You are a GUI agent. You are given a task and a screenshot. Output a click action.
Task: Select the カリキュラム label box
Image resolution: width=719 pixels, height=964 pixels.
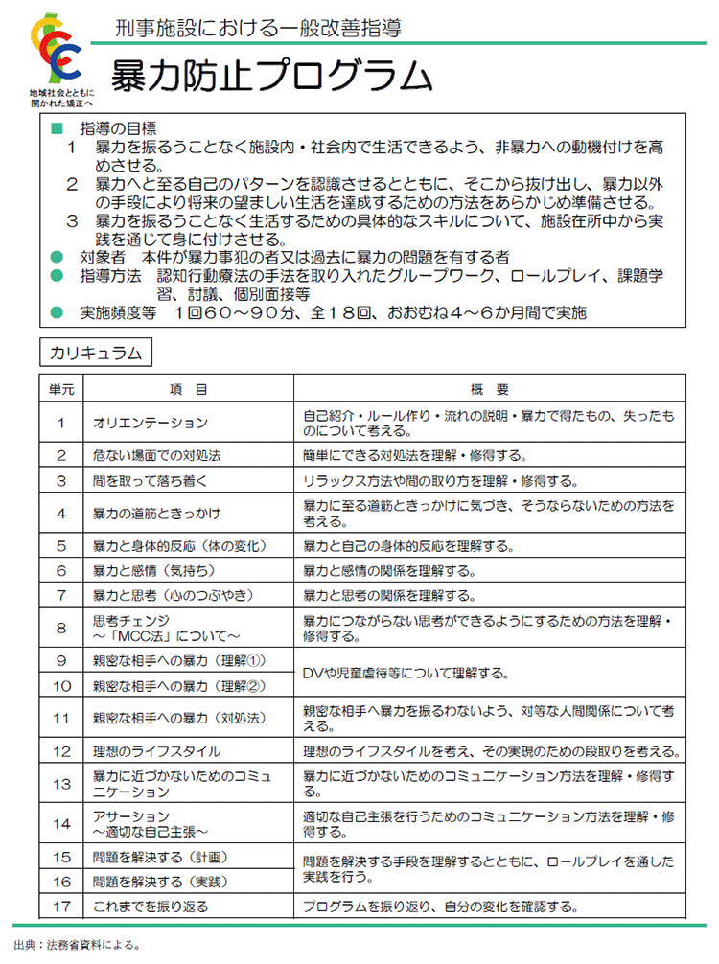point(95,353)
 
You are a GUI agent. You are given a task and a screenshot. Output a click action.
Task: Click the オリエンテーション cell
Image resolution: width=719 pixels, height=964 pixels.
point(151,422)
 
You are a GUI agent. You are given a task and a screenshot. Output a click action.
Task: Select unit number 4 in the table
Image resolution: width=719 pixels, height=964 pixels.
point(61,513)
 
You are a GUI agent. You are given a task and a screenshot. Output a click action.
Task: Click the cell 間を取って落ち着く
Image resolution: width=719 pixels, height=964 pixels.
point(150,480)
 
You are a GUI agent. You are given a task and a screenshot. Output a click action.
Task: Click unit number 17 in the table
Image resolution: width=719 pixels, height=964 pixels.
point(61,906)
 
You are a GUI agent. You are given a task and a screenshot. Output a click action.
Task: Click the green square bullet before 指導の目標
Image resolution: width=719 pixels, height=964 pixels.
point(56,128)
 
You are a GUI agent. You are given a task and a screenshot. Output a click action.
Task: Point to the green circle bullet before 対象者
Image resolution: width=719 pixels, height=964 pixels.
point(56,257)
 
